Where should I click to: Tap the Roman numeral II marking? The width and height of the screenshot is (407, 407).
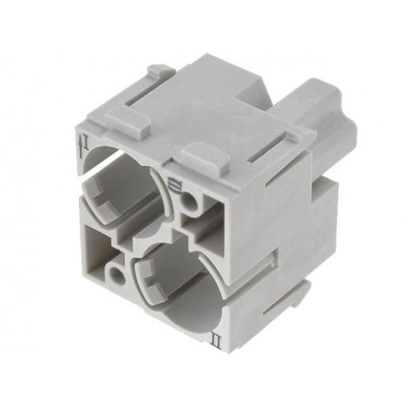click(x=215, y=322)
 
